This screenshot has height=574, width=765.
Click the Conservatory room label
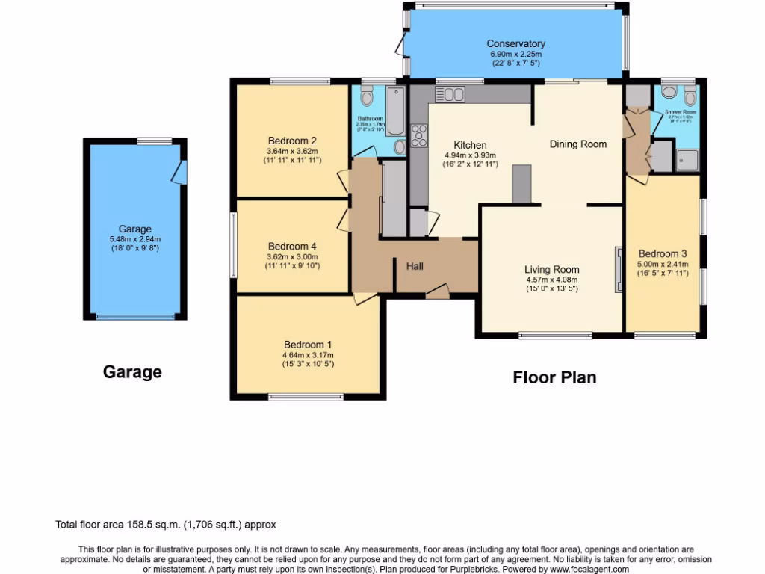tap(515, 44)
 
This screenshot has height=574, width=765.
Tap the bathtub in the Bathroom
tap(394, 111)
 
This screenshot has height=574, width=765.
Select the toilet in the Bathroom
tap(366, 97)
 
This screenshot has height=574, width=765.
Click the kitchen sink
tap(450, 94)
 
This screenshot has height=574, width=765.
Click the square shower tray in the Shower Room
tap(687, 160)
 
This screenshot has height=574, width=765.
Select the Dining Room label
tap(577, 144)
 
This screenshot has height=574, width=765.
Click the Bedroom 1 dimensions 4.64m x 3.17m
tap(308, 355)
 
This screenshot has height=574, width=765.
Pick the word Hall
tap(415, 266)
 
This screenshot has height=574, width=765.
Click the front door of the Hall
tap(438, 291)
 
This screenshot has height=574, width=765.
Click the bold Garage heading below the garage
tap(132, 371)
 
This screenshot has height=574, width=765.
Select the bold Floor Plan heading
tap(554, 377)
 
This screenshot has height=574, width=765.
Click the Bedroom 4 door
tap(344, 219)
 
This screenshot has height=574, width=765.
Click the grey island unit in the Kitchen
tap(521, 184)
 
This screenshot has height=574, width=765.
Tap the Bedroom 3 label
tap(662, 253)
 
